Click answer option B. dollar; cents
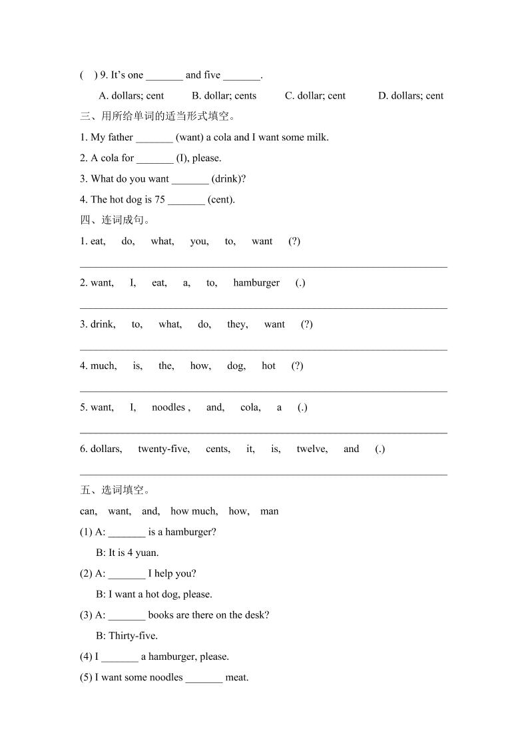[x=224, y=96]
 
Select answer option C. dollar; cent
[x=315, y=96]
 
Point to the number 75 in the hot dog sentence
[x=160, y=199]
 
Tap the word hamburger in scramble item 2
[x=256, y=283]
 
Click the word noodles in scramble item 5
[x=168, y=407]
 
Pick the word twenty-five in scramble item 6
[x=163, y=449]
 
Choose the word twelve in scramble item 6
[x=312, y=449]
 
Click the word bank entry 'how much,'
[x=194, y=511]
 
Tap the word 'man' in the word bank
[x=270, y=511]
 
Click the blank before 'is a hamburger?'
[x=127, y=532]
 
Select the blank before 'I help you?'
[x=127, y=573]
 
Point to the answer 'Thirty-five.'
[x=133, y=636]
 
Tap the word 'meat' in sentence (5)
[x=236, y=678]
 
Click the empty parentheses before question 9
[x=89, y=75]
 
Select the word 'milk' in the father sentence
[x=317, y=137]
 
